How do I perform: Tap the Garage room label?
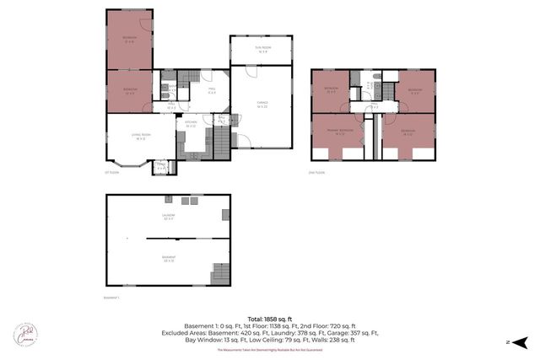click(x=262, y=105)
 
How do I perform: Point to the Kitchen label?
click(x=192, y=124)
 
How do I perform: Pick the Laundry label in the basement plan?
click(x=168, y=217)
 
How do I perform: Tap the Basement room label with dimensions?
click(x=168, y=259)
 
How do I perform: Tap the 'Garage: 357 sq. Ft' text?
click(x=365, y=333)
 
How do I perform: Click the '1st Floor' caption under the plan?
click(x=112, y=173)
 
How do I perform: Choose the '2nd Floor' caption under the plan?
click(x=317, y=173)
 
